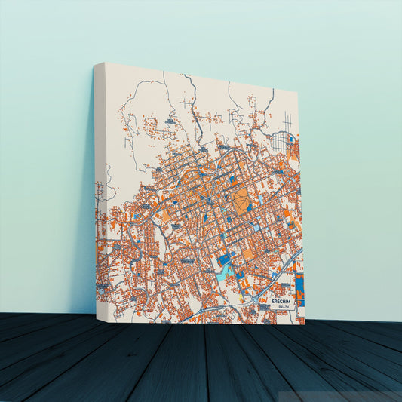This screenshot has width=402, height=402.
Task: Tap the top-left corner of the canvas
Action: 96,63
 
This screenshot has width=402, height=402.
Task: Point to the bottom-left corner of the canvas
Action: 96,313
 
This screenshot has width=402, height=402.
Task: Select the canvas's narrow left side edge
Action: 100,189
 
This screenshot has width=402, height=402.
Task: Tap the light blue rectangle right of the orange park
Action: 260,202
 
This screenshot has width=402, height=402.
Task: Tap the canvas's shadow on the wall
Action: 84,226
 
